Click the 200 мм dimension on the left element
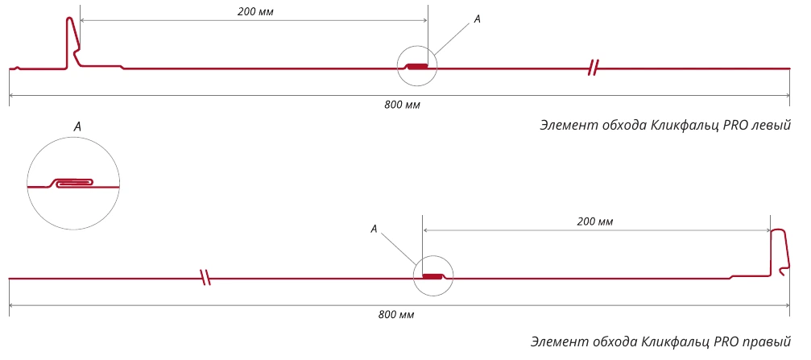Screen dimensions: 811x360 [x=255, y=12]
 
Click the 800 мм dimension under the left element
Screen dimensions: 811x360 [x=402, y=105]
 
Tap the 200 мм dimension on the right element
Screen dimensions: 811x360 [x=595, y=222]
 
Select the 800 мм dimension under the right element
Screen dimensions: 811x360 [x=395, y=314]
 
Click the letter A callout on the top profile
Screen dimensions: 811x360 [x=478, y=19]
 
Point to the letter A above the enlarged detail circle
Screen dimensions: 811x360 [x=77, y=126]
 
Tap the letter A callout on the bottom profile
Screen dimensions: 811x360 [x=374, y=229]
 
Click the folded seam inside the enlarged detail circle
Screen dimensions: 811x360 [x=72, y=183]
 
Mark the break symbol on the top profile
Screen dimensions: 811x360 [x=594, y=68]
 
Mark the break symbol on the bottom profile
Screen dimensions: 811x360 [x=206, y=278]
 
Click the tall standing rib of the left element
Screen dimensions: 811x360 [x=72, y=43]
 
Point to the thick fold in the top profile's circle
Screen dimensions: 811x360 [x=417, y=66]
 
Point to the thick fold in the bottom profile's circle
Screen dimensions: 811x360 [x=433, y=276]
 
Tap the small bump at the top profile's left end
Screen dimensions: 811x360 [x=17, y=68]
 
